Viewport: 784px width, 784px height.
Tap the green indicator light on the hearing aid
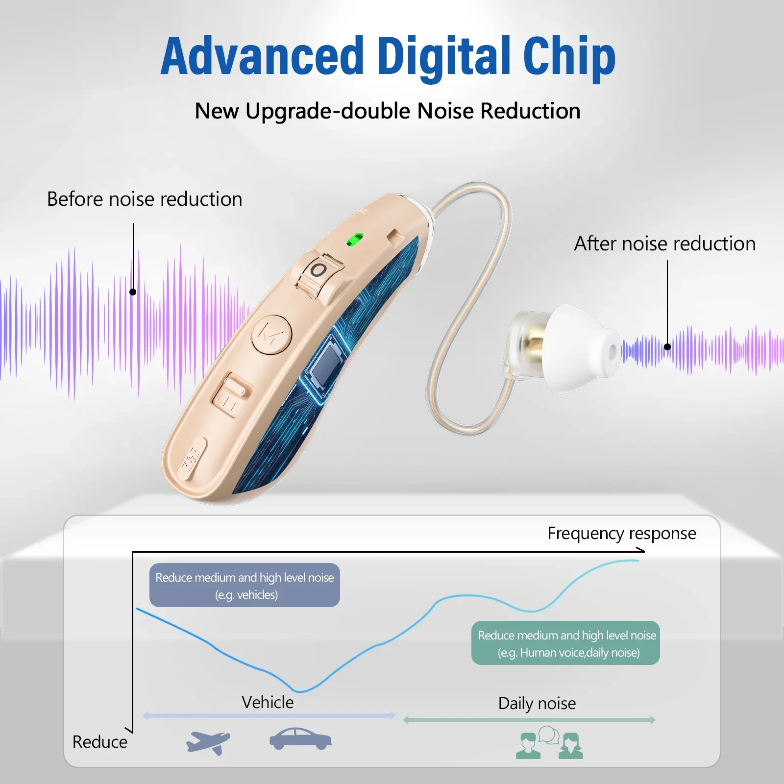coord(355,240)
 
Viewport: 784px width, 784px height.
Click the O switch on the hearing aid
coord(319,270)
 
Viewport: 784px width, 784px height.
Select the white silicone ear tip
coord(583,348)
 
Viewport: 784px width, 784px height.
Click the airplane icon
coord(208,741)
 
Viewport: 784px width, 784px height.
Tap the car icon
coord(300,738)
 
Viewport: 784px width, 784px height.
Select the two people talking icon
coord(550,742)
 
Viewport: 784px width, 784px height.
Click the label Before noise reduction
coord(145,199)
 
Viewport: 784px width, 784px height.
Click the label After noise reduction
coord(665,244)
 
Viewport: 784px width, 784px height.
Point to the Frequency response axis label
coord(621,533)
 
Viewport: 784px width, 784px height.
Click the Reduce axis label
coord(100,742)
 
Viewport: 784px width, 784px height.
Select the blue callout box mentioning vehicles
coord(245,586)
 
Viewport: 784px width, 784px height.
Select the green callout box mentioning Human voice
coord(566,643)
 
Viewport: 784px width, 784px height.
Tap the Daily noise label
coord(537,703)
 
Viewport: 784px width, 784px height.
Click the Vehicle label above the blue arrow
coord(268,702)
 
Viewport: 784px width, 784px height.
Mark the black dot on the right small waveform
coord(667,347)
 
